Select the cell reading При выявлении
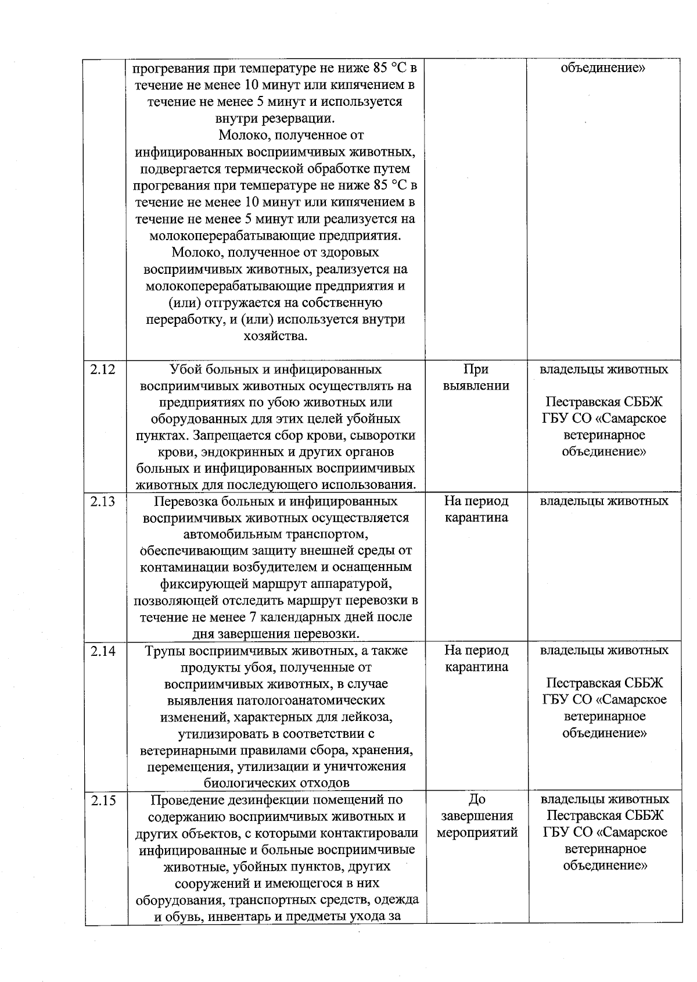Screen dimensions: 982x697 pyautogui.click(x=476, y=378)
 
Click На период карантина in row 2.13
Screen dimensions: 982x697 pyautogui.click(x=476, y=509)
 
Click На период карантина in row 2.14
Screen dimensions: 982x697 pyautogui.click(x=476, y=659)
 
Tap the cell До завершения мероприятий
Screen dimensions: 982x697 pyautogui.click(x=476, y=816)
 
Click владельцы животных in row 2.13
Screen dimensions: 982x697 pyautogui.click(x=604, y=501)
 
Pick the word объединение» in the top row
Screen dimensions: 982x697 pyautogui.click(x=604, y=68)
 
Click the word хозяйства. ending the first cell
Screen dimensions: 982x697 pyautogui.click(x=275, y=336)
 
